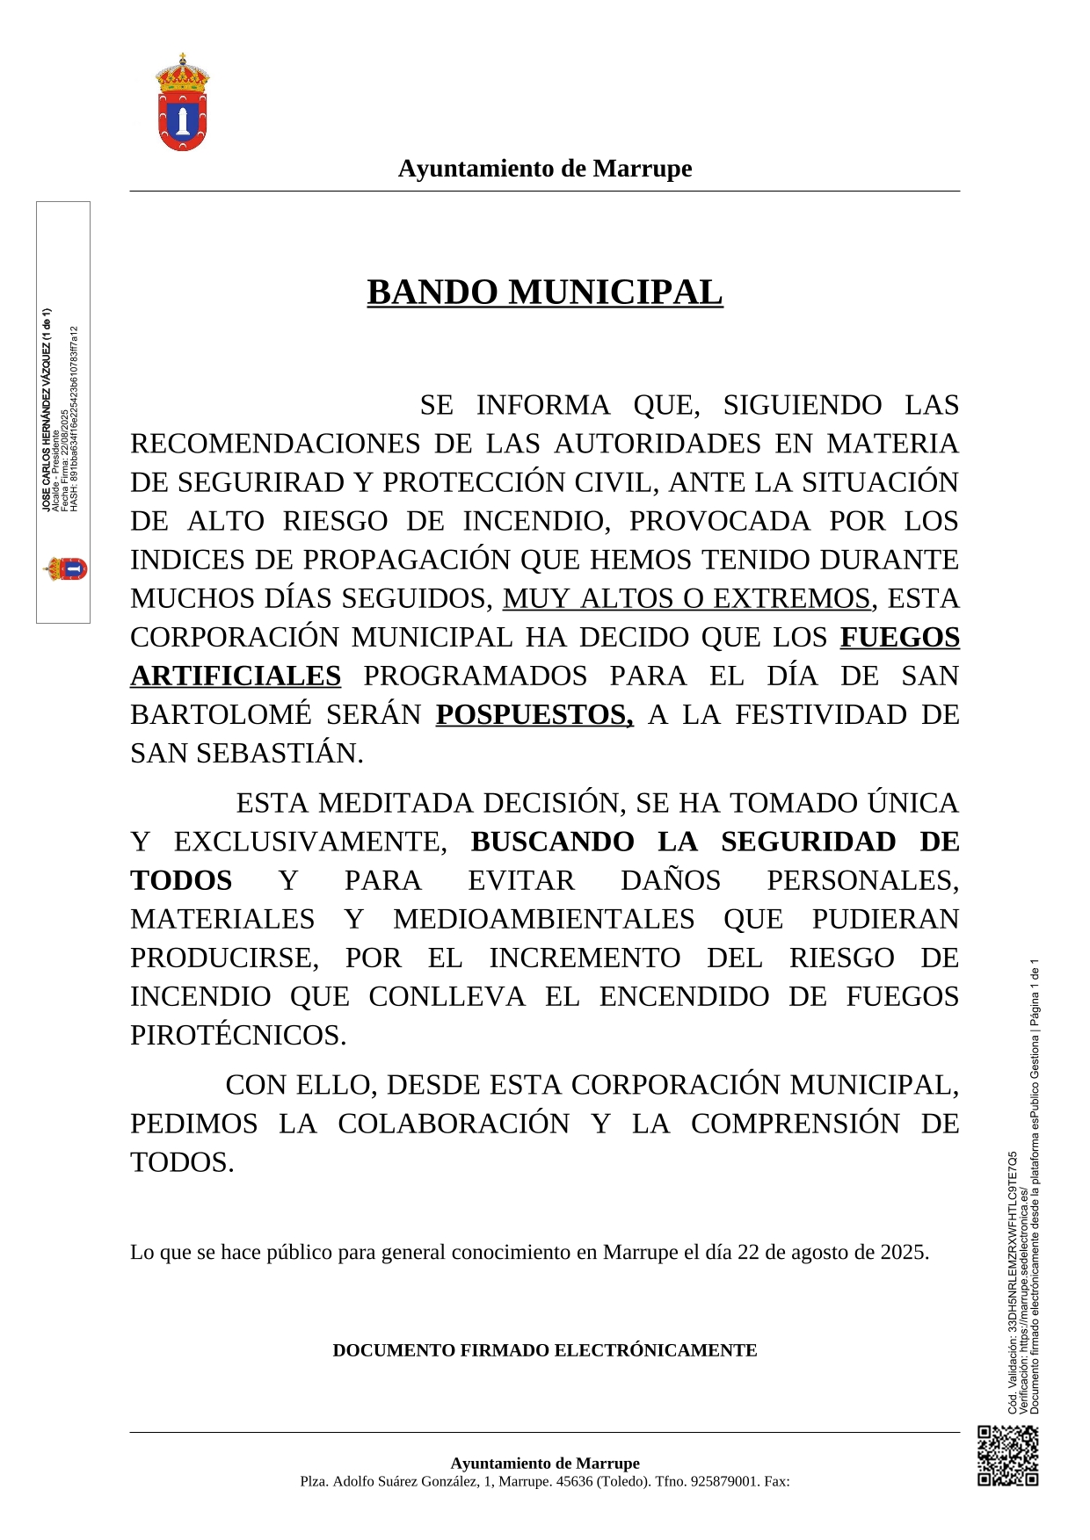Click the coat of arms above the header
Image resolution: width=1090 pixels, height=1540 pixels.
183,102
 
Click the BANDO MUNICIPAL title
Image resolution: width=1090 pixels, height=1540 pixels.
545,293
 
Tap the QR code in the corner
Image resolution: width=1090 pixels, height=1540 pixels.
1007,1456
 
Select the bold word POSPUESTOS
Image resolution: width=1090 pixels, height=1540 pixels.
534,715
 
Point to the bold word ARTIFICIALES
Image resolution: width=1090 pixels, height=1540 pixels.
236,676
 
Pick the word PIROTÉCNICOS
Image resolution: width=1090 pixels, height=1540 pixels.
238,1036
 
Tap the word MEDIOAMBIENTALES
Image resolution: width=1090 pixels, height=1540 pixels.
543,920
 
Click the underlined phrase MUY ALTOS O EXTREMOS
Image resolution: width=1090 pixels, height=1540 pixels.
686,599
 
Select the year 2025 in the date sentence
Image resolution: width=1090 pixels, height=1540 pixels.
903,1252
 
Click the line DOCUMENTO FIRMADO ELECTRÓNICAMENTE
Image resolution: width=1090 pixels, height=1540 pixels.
545,1350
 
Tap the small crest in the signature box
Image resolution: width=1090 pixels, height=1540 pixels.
65,569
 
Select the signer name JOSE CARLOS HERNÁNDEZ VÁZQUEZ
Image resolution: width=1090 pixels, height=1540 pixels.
46,409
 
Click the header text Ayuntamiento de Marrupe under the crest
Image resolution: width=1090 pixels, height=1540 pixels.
545,169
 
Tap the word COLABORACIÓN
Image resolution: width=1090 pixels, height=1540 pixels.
454,1124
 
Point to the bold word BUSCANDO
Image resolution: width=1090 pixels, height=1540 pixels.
552,842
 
